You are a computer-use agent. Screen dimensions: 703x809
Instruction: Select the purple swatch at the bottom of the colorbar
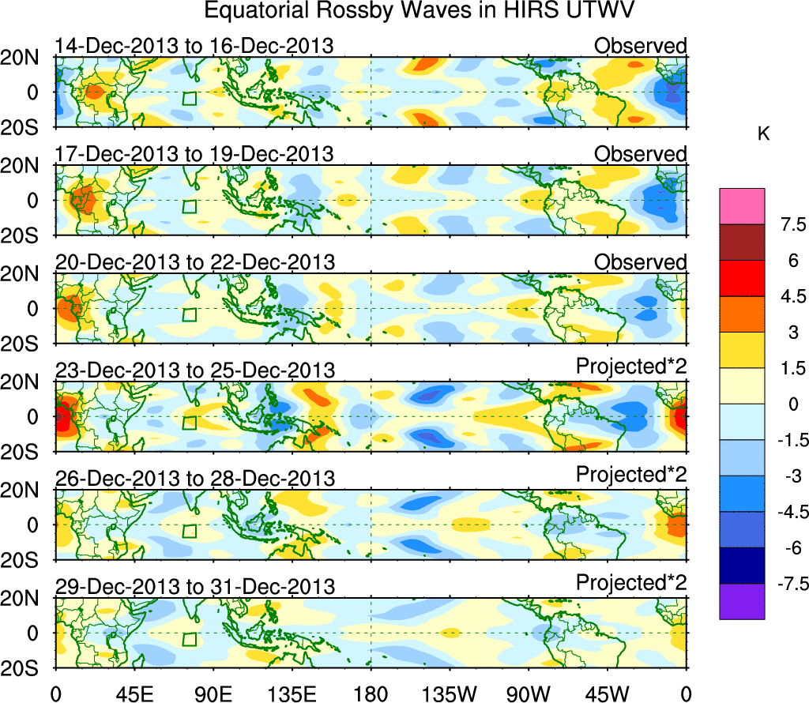(742, 601)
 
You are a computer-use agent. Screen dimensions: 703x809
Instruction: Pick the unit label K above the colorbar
(763, 134)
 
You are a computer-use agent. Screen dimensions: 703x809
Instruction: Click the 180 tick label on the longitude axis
(371, 693)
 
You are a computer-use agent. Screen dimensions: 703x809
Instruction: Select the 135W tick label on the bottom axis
(450, 693)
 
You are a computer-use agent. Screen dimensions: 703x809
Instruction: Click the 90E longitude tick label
(213, 693)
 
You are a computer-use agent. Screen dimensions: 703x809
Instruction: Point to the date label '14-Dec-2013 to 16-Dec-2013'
(194, 47)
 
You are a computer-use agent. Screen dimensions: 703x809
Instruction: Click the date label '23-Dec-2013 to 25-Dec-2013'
(194, 370)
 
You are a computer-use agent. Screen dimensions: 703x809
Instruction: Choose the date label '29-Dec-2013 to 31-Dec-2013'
(194, 587)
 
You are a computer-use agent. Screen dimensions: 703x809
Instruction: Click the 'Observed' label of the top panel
(640, 46)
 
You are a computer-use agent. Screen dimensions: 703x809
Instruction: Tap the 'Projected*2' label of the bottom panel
(631, 583)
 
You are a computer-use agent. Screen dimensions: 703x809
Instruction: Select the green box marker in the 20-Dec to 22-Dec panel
(189, 314)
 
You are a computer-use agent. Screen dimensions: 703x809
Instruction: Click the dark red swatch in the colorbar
(742, 242)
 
